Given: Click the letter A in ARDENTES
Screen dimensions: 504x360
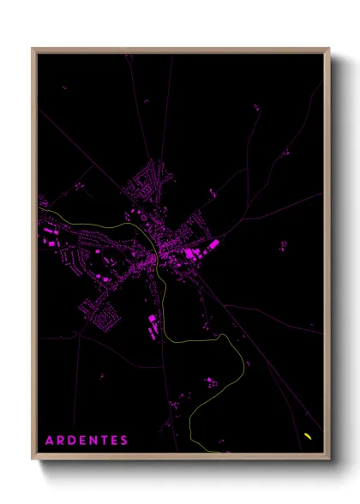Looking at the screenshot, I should (x=49, y=441).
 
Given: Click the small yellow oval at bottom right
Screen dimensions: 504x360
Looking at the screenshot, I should (x=307, y=436).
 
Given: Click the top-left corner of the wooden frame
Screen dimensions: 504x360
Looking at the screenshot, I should (x=33, y=49).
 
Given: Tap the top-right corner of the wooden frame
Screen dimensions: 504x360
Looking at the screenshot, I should (x=329, y=49).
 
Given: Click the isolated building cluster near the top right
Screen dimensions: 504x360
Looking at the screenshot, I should (x=257, y=108).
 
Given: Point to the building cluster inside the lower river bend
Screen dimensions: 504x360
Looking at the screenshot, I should (x=210, y=382).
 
